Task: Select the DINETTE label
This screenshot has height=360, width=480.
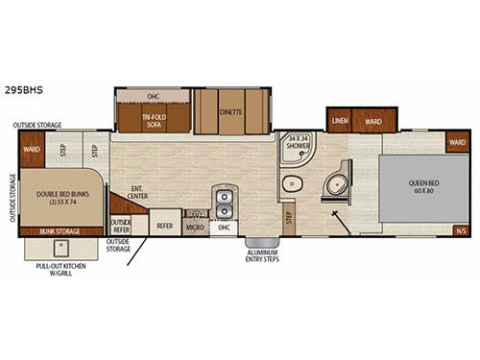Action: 230,111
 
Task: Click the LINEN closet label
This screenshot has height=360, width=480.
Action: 340,121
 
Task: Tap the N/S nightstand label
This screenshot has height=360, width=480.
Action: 460,230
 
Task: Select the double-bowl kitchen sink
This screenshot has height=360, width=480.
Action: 224,204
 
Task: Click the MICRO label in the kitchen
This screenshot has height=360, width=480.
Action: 195,228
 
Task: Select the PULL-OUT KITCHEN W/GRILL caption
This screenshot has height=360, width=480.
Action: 59,271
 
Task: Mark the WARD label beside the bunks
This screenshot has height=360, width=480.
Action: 31,150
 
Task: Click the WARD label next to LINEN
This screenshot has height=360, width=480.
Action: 373,121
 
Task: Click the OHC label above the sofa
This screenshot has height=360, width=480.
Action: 153,96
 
